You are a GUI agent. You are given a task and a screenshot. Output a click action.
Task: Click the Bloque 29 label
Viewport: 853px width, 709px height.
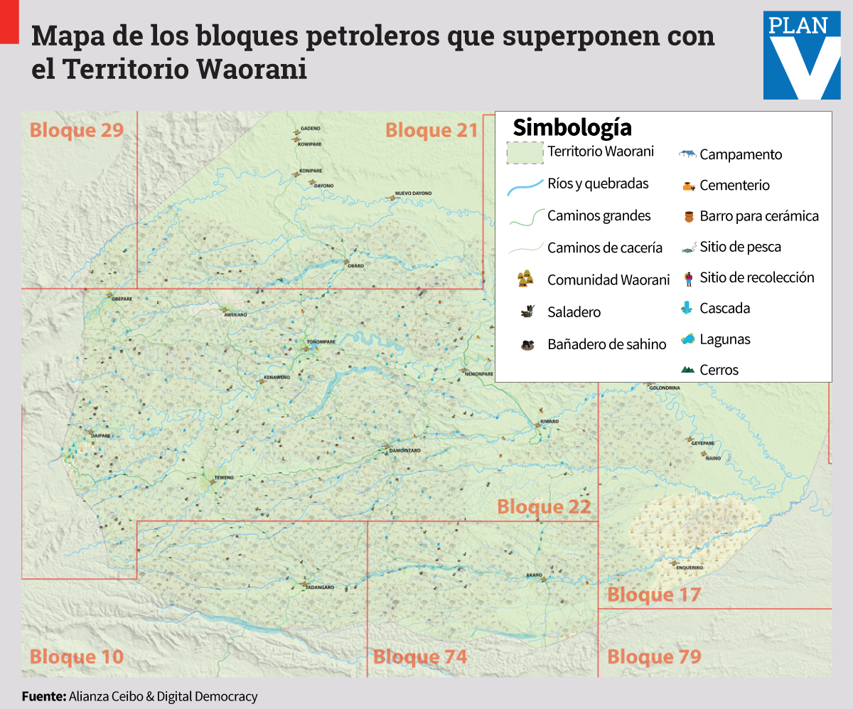77,130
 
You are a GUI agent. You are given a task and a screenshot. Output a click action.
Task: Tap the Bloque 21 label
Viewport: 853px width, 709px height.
431,130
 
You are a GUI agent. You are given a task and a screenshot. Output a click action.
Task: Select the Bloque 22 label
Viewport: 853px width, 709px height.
544,507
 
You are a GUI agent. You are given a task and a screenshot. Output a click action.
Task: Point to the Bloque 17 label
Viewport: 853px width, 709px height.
654,595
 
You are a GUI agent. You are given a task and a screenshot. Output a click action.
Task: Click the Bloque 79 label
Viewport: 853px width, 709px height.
654,656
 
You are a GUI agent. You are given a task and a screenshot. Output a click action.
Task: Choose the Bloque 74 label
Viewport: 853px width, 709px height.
420,656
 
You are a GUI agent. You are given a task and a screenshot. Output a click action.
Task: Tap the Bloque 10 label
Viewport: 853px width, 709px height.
77,656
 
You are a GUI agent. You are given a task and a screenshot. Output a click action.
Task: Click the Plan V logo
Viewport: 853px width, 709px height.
802,55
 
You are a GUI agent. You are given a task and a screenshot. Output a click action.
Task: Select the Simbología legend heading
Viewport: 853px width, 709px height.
572,127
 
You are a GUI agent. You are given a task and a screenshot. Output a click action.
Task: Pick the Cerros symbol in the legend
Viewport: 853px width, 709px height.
687,370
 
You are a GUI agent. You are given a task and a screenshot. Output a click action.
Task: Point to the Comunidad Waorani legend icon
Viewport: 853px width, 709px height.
526,279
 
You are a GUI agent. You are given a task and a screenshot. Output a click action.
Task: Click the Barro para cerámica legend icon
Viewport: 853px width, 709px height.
687,216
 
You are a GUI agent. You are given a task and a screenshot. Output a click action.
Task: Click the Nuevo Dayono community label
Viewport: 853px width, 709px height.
413,193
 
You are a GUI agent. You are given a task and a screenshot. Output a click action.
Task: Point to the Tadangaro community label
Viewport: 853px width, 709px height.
318,587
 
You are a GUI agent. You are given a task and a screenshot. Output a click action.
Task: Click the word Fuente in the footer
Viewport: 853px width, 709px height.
44,696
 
